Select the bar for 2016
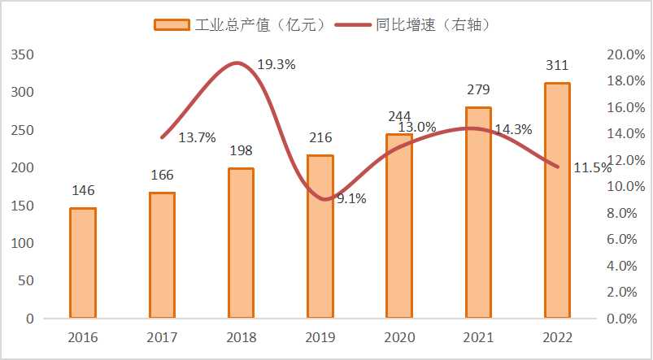(83, 262)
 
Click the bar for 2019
(320, 236)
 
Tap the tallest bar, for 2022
(557, 200)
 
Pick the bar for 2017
(162, 254)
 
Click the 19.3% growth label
(276, 64)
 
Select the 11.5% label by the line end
(592, 168)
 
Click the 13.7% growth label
(196, 137)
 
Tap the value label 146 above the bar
(83, 191)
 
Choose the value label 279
(478, 89)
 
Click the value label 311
(557, 65)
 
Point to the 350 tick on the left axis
(23, 54)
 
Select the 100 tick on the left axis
(23, 243)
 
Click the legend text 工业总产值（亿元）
(261, 24)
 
